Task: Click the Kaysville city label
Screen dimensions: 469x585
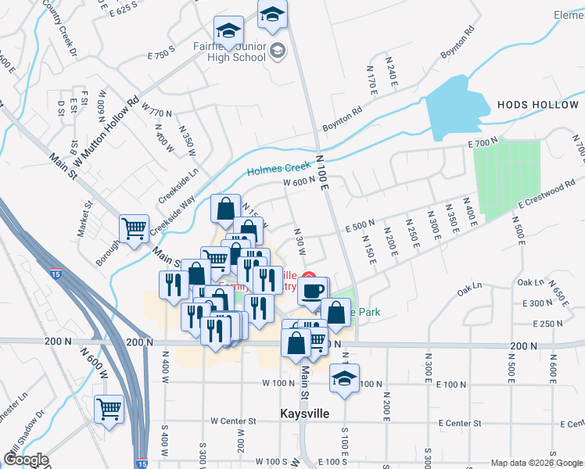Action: click(x=303, y=412)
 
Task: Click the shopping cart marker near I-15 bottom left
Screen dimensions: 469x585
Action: click(x=109, y=408)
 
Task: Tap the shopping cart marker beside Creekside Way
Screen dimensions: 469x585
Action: click(x=134, y=229)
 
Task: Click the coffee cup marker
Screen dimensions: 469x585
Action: click(x=312, y=290)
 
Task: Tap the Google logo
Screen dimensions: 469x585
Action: click(x=26, y=460)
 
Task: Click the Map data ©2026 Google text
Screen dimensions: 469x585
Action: click(x=536, y=463)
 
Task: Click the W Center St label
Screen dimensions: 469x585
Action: click(x=234, y=421)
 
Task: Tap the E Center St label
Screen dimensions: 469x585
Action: click(x=460, y=423)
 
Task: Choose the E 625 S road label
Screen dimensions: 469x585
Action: click(x=128, y=10)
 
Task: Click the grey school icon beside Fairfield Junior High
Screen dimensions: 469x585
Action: click(x=276, y=52)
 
